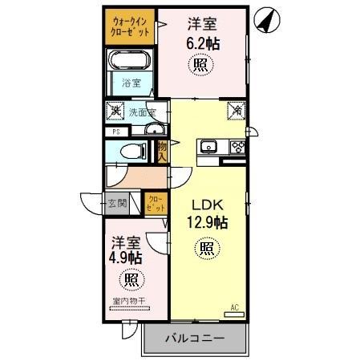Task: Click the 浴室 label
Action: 131,83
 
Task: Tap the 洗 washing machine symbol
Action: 116,112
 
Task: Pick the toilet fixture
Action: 133,150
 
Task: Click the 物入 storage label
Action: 162,151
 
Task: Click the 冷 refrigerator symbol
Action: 237,111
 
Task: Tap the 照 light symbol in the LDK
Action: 207,249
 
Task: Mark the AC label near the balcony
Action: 235,307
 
